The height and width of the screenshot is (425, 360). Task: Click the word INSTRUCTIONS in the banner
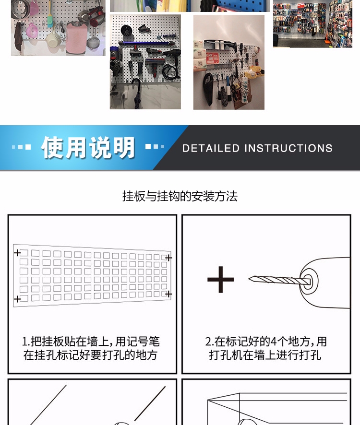pos(288,148)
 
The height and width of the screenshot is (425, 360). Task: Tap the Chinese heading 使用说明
pos(88,147)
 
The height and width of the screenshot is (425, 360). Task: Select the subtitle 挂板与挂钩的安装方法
pos(180,196)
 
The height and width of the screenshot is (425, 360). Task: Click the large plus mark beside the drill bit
pos(220,280)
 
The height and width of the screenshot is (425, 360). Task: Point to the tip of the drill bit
pos(250,278)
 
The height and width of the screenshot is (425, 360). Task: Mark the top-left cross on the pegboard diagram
pos(17,253)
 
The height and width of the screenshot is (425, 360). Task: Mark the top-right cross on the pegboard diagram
pos(168,258)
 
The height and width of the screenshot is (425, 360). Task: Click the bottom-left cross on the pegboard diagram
pos(17,299)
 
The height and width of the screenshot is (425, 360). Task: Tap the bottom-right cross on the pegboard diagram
pos(168,294)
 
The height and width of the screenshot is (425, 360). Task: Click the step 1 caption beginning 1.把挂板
pos(91,348)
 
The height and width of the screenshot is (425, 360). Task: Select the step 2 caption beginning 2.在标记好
pos(265,348)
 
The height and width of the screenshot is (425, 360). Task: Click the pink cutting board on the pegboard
pos(76,38)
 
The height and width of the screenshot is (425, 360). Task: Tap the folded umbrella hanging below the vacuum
pos(137,94)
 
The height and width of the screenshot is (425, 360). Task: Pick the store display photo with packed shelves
pos(312,24)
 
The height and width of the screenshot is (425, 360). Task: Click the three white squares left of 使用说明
pos(21,147)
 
